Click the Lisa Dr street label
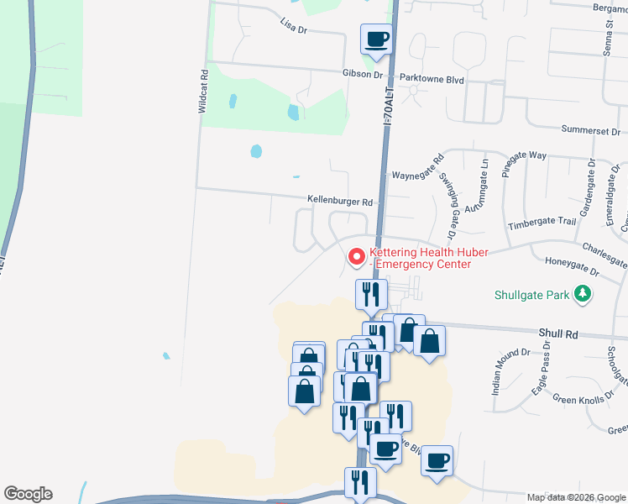[294, 27]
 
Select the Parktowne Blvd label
[432, 78]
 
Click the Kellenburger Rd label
[339, 202]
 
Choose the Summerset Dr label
[590, 132]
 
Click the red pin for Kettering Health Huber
[356, 256]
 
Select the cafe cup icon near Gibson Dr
[376, 39]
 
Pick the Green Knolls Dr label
[578, 400]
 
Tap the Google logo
[28, 494]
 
